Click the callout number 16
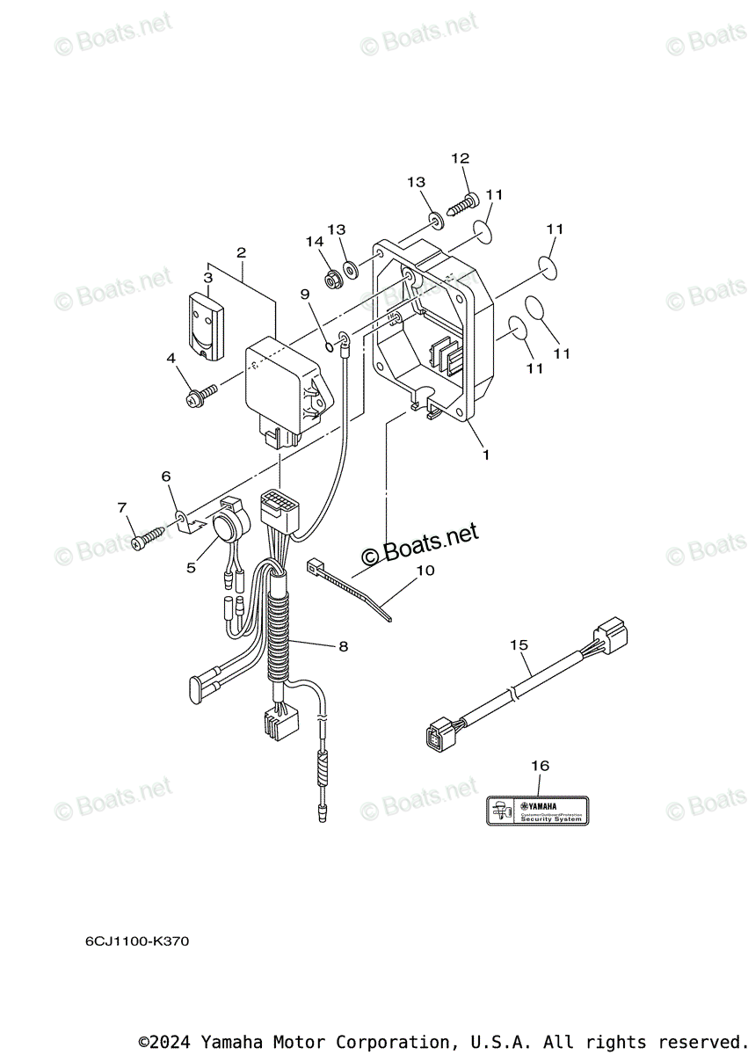540,766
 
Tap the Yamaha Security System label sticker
538,810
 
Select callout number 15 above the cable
519,644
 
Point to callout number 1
485,455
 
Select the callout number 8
343,646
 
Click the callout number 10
425,570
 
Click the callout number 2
241,252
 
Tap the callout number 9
304,293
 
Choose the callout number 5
191,567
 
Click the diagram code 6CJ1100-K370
136,942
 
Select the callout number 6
165,476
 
